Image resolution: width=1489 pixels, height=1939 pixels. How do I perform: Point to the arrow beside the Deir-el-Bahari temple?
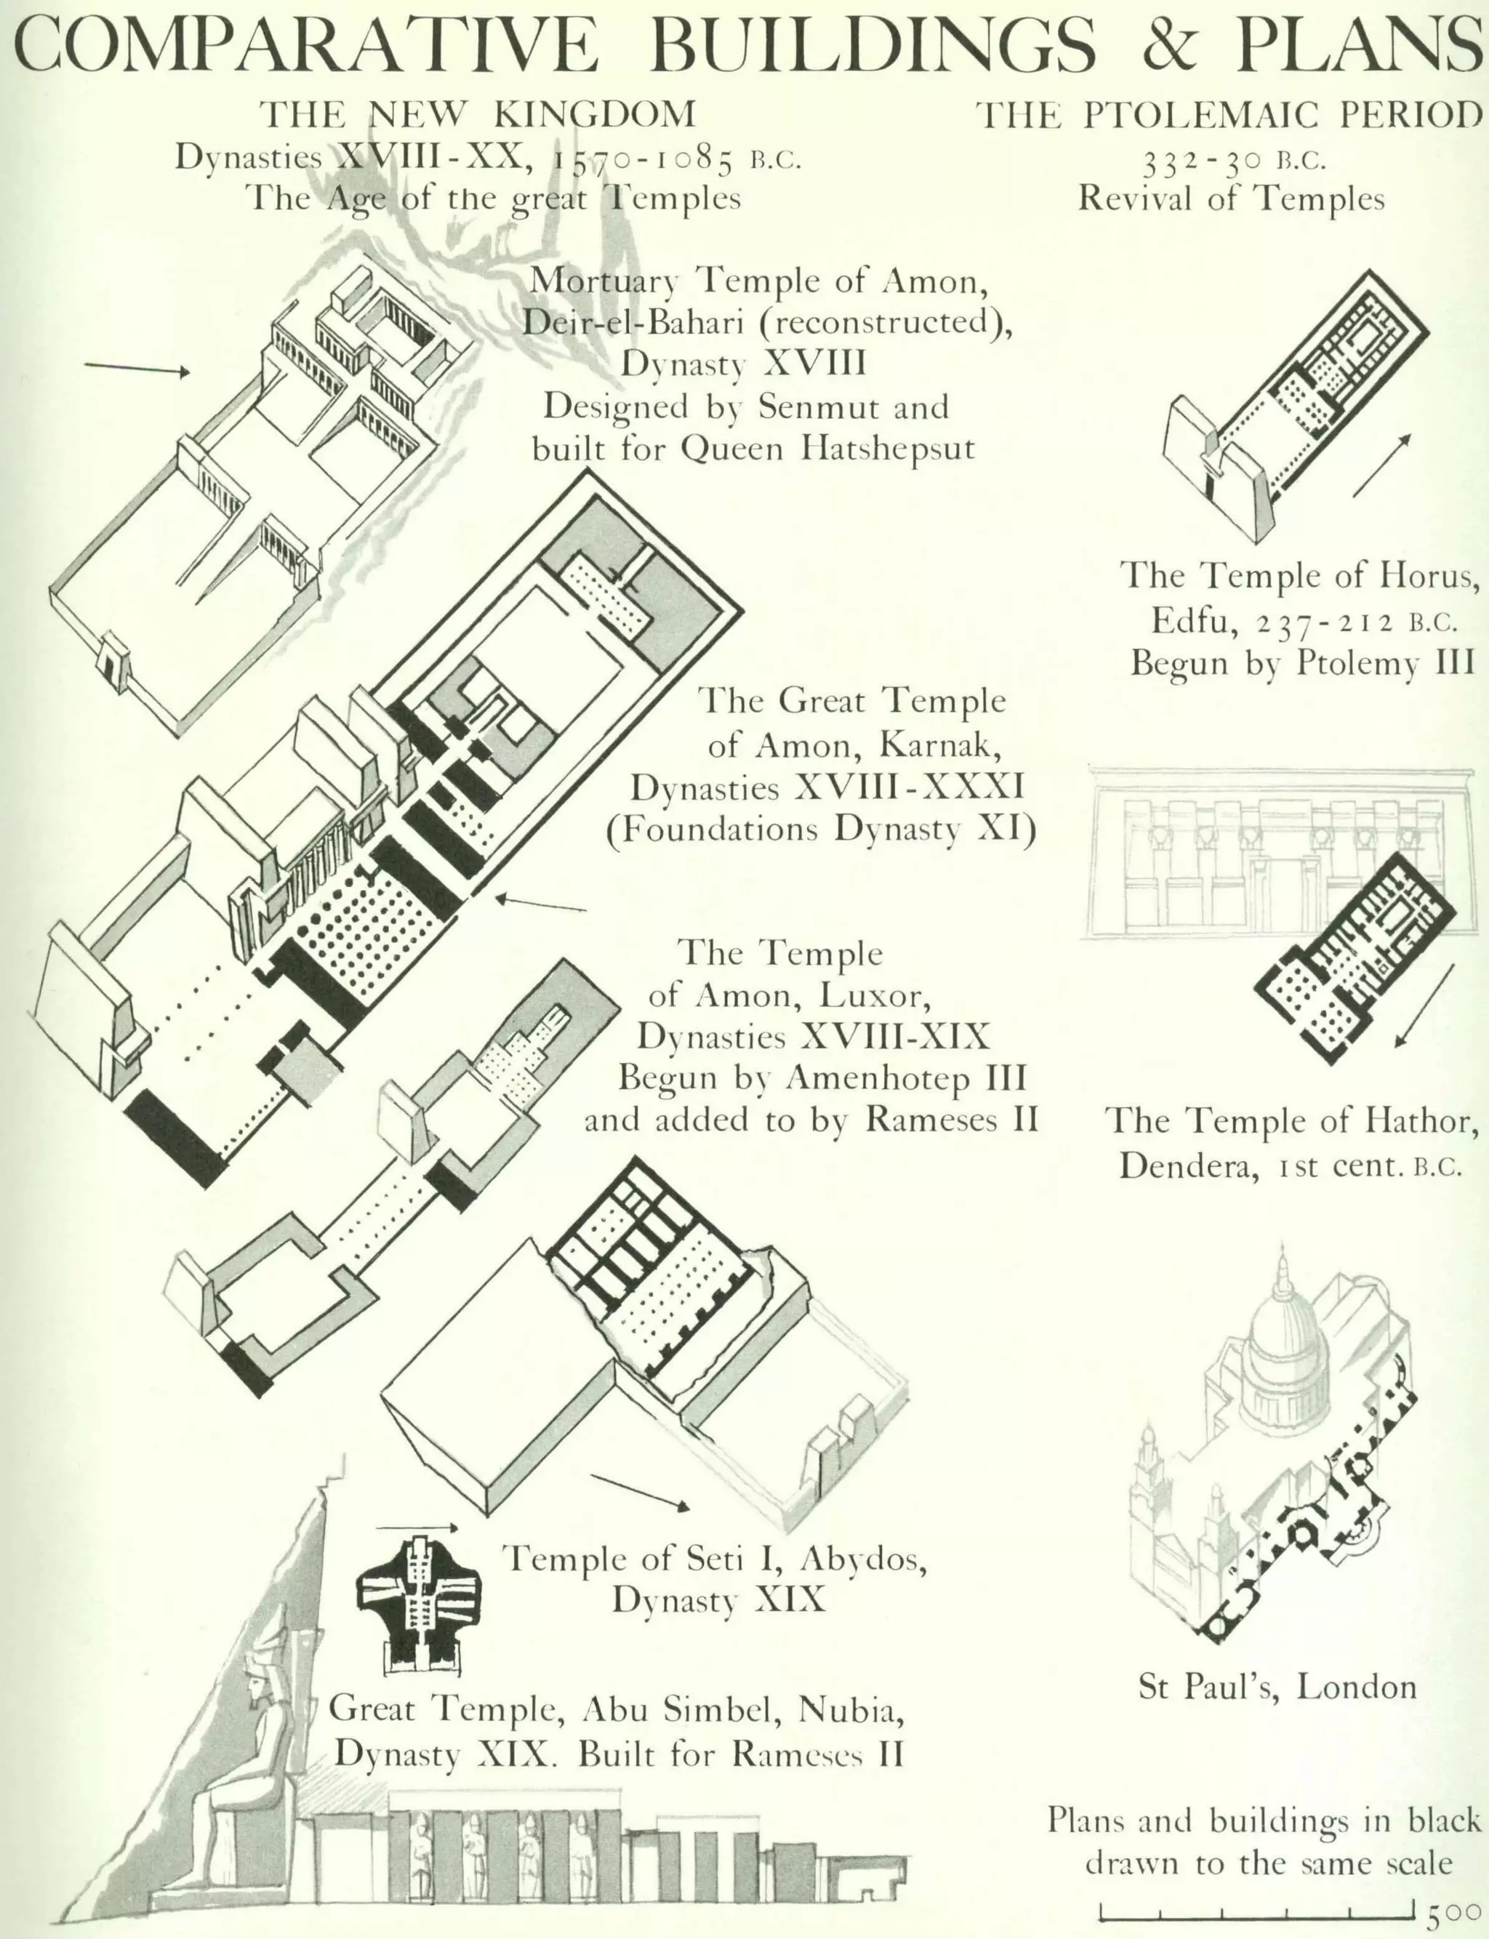tap(137, 369)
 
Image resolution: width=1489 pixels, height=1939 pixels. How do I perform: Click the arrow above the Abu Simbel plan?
tap(417, 1527)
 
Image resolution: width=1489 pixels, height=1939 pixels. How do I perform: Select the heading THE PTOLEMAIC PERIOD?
tap(1229, 115)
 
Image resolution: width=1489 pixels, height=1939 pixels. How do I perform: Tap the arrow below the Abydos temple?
tap(639, 1491)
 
